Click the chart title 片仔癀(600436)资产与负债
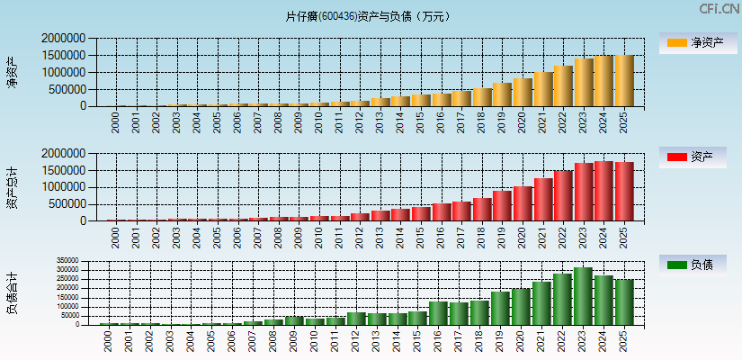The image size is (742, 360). point(371,16)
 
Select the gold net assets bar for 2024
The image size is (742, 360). point(603,81)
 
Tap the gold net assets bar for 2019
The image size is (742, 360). point(501,94)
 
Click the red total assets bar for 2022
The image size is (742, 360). point(563,195)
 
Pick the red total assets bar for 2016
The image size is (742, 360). point(440,211)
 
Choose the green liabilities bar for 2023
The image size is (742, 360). point(583,296)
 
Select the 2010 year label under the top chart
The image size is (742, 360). point(317,122)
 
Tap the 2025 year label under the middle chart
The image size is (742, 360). point(624,237)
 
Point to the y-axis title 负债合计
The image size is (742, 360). point(12,292)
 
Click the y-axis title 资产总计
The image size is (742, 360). point(12,187)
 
